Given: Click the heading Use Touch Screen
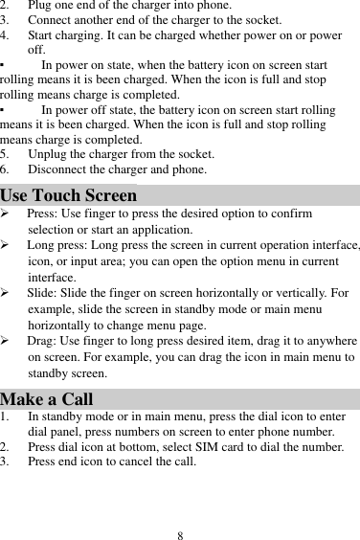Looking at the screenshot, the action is [x=69, y=197].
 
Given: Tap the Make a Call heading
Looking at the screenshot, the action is [x=47, y=399].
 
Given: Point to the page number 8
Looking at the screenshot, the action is [x=180, y=533].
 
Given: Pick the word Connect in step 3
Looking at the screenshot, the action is [x=51, y=21].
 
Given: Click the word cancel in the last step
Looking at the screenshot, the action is [x=139, y=461].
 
